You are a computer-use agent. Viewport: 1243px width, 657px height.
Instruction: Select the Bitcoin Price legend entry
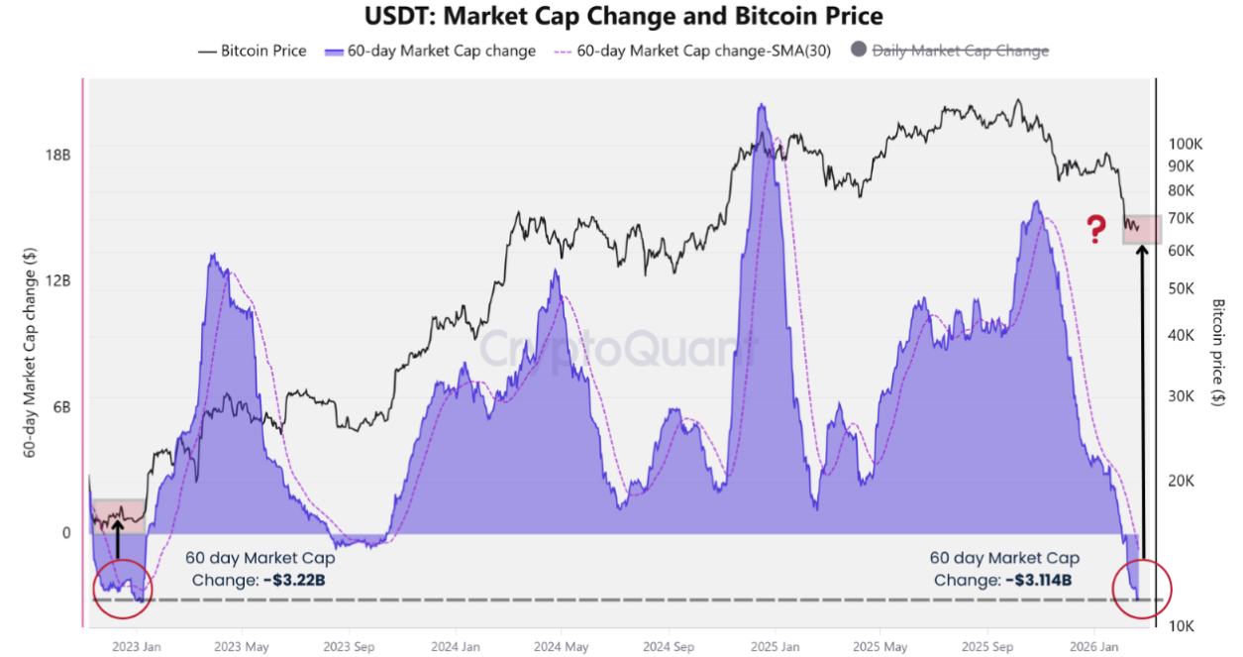tap(253, 51)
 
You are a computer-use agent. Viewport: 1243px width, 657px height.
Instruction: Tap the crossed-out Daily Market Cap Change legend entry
tap(959, 51)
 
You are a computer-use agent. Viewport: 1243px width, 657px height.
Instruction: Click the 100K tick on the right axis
tap(1185, 144)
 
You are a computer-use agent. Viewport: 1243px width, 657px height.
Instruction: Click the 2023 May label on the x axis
tap(243, 647)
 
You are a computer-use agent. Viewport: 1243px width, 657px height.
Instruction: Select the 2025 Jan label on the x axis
tap(775, 647)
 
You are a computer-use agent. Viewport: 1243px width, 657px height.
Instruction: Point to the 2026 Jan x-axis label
tap(1094, 647)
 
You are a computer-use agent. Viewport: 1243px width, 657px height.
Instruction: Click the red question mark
tap(1095, 230)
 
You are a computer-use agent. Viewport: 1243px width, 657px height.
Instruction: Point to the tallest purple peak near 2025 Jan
tap(761, 105)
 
